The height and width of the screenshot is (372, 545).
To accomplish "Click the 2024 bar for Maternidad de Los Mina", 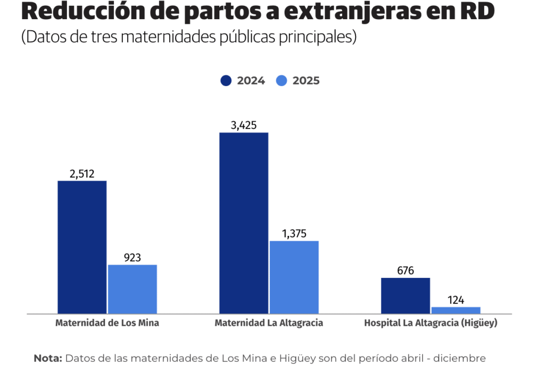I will pyautogui.click(x=82, y=247).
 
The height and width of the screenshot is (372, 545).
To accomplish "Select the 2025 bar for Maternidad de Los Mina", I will pyautogui.click(x=133, y=289).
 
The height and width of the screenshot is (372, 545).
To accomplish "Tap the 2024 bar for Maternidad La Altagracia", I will pyautogui.click(x=244, y=223).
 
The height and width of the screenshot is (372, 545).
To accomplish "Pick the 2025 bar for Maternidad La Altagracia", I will pyautogui.click(x=294, y=277).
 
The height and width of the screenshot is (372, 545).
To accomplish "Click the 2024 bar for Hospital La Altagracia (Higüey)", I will pyautogui.click(x=406, y=295).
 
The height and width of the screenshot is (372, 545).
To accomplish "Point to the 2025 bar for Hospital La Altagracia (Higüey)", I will pyautogui.click(x=456, y=310).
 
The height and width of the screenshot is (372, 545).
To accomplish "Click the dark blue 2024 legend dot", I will pyautogui.click(x=226, y=81).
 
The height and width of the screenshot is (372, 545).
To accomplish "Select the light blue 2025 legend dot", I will pyautogui.click(x=282, y=81).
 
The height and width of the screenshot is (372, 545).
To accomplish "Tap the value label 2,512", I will pyautogui.click(x=81, y=174).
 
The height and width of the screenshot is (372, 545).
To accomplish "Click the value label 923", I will pyautogui.click(x=133, y=258).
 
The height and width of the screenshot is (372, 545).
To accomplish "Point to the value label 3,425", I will pyautogui.click(x=244, y=125).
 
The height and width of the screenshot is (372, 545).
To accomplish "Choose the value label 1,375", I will pyautogui.click(x=294, y=234).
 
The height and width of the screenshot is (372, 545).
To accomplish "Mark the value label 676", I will pyautogui.click(x=406, y=270).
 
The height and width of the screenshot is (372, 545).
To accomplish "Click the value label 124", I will pyautogui.click(x=456, y=300).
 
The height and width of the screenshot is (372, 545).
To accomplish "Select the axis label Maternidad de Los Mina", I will pyautogui.click(x=107, y=323).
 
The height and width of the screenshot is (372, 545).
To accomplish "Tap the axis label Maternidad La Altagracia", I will pyautogui.click(x=269, y=323).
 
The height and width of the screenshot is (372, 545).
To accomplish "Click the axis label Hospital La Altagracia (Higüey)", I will pyautogui.click(x=431, y=323).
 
